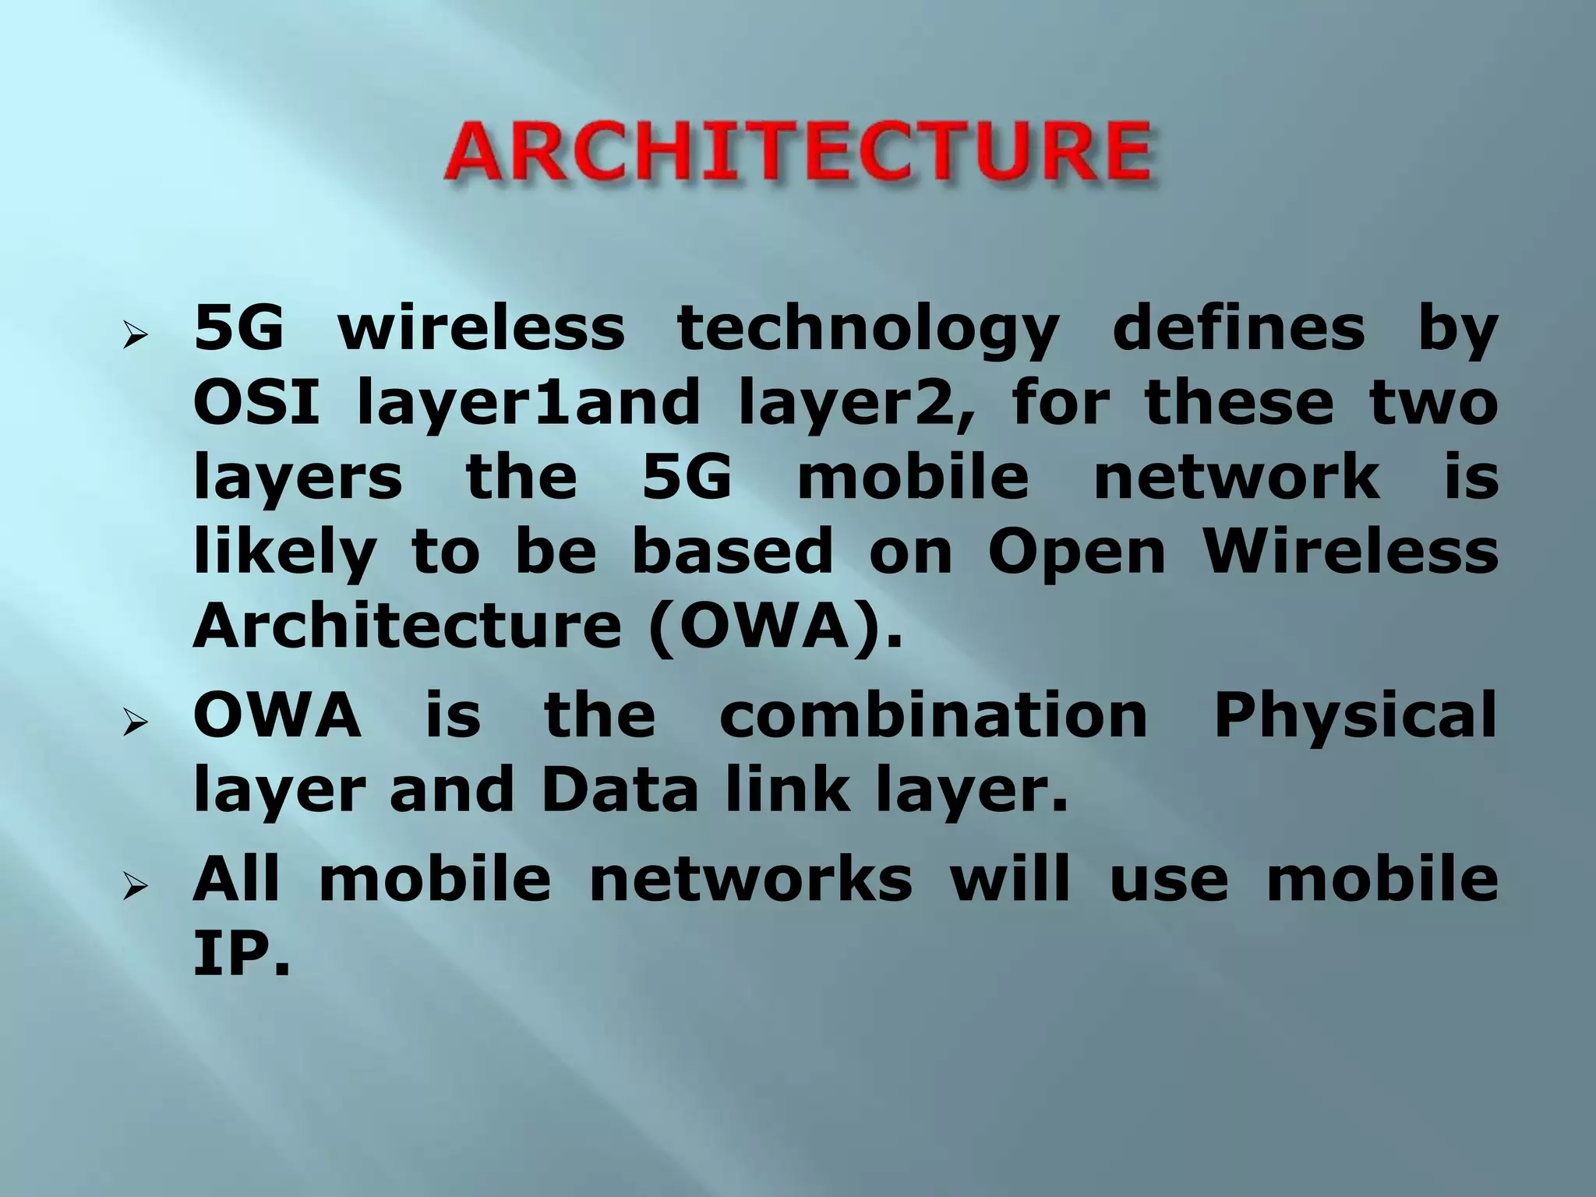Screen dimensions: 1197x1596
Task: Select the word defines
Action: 1239,329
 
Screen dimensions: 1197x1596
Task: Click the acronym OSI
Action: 256,402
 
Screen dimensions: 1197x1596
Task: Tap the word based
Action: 732,550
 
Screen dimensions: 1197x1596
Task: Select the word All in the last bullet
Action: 236,878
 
